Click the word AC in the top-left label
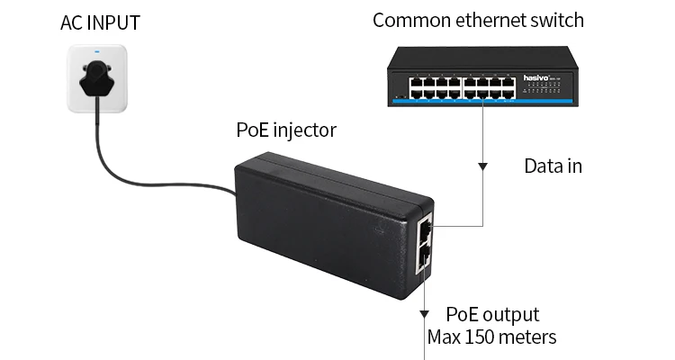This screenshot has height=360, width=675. (x=72, y=22)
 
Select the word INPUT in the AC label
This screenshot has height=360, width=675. (x=115, y=22)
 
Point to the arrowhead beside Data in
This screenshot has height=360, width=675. (x=483, y=166)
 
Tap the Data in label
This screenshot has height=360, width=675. (x=553, y=166)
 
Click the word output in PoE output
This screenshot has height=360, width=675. (x=510, y=315)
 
